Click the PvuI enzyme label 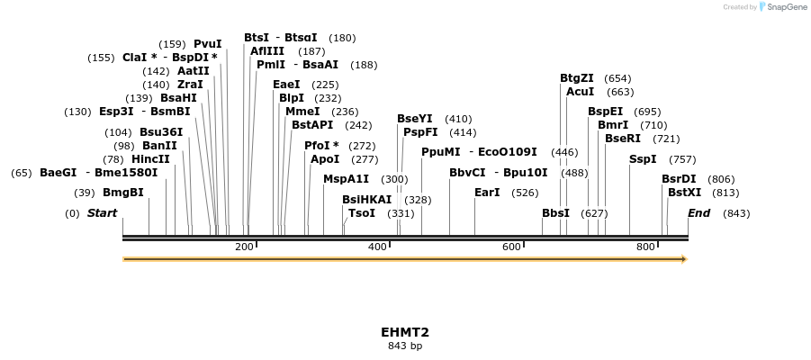pyautogui.click(x=207, y=44)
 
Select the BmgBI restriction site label pyautogui.click(x=122, y=193)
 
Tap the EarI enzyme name pyautogui.click(x=487, y=193)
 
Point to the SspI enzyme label pyautogui.click(x=643, y=159)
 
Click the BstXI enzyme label pyautogui.click(x=681, y=193)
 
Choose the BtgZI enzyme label pyautogui.click(x=577, y=78)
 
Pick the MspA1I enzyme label pyautogui.click(x=346, y=179)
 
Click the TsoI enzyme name pyautogui.click(x=361, y=213)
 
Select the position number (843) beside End pyautogui.click(x=736, y=213)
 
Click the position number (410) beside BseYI pyautogui.click(x=458, y=119)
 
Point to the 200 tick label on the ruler pyautogui.click(x=244, y=247)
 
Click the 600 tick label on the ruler pyautogui.click(x=511, y=247)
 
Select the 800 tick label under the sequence pyautogui.click(x=645, y=247)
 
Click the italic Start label pyautogui.click(x=102, y=213)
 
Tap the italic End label pyautogui.click(x=698, y=213)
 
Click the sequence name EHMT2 pyautogui.click(x=405, y=332)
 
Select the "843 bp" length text pyautogui.click(x=405, y=346)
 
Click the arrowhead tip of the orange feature pyautogui.click(x=685, y=259)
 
